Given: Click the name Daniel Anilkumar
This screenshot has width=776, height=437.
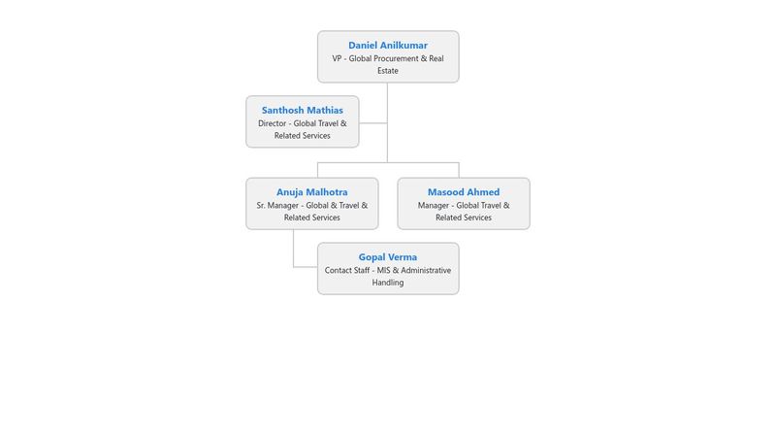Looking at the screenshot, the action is (387, 45).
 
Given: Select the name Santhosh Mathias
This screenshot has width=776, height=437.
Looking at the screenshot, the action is (303, 110).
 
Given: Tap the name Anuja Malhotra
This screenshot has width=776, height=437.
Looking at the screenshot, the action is (311, 191).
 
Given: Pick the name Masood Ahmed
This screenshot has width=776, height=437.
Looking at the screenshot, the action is (464, 191).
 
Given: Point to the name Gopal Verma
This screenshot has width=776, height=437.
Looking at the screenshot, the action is (387, 257).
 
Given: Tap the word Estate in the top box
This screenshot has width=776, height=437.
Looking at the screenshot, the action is (387, 71).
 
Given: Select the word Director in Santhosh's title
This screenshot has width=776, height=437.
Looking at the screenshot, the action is (273, 123).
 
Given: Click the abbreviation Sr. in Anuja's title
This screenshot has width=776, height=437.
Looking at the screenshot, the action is (261, 205).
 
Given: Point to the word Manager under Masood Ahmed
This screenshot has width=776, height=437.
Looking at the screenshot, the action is (433, 205).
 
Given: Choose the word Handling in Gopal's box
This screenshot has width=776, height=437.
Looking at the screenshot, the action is (387, 283).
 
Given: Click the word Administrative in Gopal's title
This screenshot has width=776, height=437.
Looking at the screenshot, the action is (426, 270).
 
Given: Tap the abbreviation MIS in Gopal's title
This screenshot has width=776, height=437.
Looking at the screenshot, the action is (383, 270).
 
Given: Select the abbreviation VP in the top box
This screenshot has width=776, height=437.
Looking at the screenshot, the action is (337, 58).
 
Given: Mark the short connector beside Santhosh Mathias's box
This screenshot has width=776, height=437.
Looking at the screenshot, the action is (373, 123).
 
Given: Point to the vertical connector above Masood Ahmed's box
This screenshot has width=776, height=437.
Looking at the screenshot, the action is (459, 170).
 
